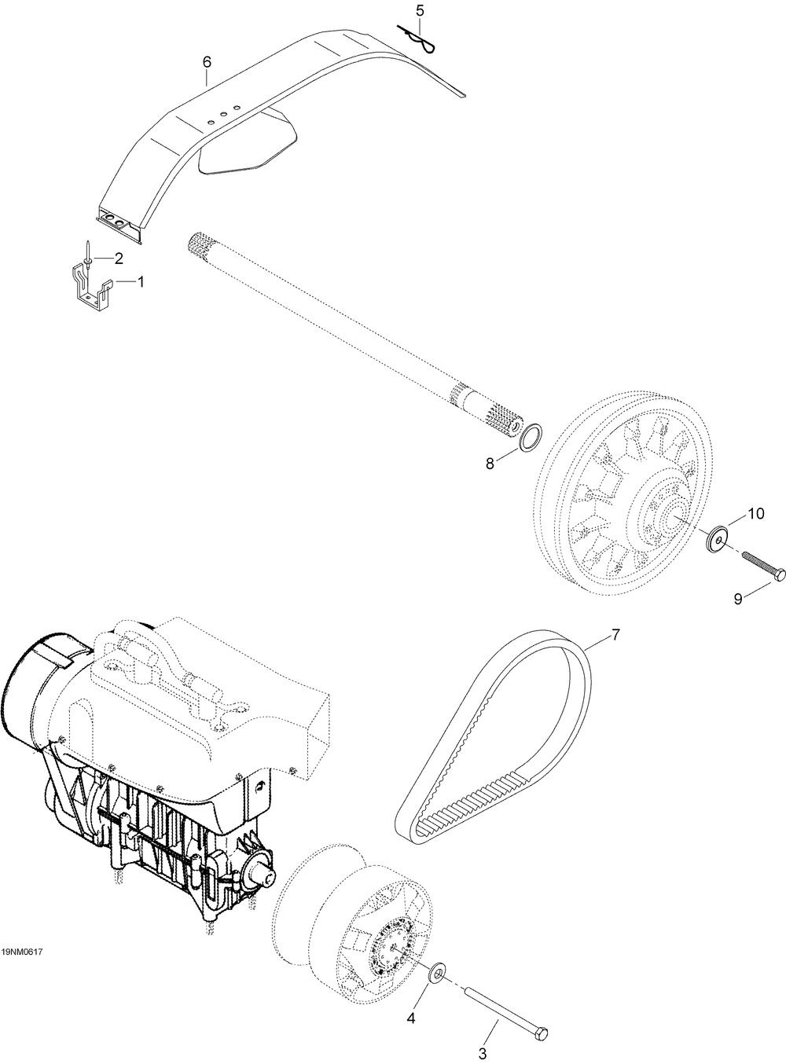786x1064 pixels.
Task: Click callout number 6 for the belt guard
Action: tap(207, 62)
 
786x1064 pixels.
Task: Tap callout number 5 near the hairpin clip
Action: tap(420, 10)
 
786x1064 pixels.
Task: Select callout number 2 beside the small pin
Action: tap(118, 259)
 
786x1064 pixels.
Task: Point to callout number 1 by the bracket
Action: tap(141, 281)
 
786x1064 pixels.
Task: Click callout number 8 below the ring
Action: tap(490, 464)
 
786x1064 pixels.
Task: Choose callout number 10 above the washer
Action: tap(755, 513)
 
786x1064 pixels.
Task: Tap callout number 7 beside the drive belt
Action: tap(615, 635)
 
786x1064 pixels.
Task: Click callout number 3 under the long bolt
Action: tap(483, 1054)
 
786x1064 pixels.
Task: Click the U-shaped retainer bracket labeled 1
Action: tap(90, 290)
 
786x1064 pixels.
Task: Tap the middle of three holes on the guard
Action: tap(223, 114)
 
